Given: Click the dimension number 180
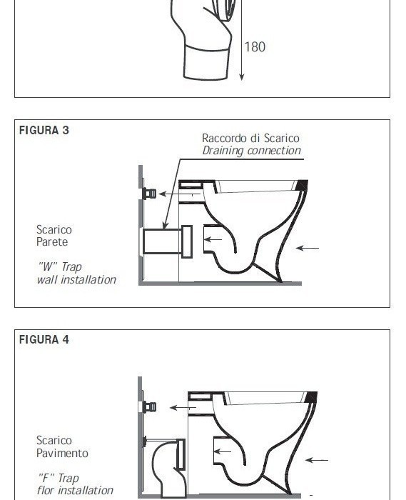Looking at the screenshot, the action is click(255, 47).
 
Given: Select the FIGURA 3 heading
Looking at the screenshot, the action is click(44, 130).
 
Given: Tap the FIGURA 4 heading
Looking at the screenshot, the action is click(44, 339).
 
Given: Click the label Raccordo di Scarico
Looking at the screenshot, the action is click(250, 138).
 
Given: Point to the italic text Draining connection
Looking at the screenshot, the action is click(252, 151).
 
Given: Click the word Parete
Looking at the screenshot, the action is click(52, 241).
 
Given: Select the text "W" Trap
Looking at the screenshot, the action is click(59, 266).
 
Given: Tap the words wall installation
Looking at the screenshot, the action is click(76, 280).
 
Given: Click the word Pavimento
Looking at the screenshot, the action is click(62, 453).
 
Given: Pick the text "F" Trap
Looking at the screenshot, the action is click(58, 478).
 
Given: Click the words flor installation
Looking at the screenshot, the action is click(75, 491).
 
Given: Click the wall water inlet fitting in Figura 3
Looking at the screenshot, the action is click(149, 194).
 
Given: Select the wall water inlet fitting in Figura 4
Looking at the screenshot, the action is click(149, 407).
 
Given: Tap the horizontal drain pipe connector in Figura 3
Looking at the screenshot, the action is click(168, 241).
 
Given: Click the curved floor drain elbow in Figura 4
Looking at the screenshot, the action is click(168, 466).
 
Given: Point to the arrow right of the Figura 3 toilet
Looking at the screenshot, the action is click(308, 248).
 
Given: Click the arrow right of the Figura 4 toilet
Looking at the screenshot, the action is click(317, 460).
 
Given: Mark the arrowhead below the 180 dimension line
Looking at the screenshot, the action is click(242, 77).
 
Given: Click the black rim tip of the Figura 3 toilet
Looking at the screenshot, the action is click(303, 186).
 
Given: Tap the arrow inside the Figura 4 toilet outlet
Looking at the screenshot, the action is click(223, 451).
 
